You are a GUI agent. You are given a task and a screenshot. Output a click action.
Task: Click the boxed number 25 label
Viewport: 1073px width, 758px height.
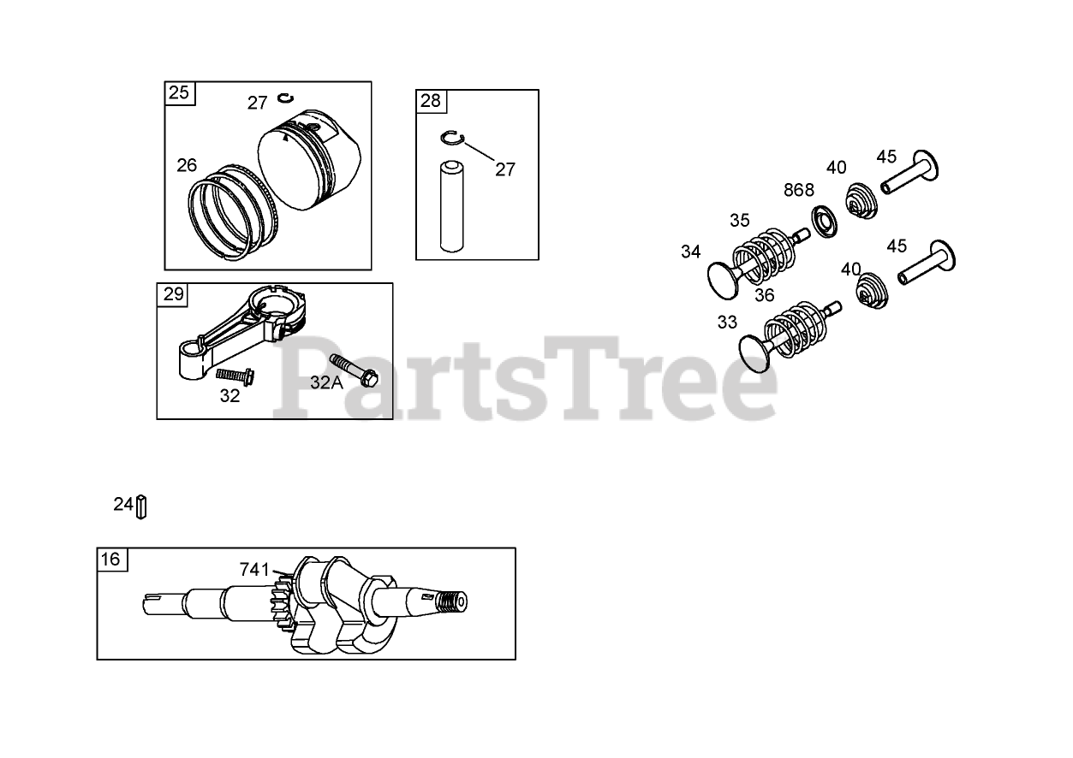pyautogui.click(x=179, y=92)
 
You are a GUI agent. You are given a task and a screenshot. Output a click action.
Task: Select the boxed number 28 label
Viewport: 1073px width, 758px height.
pyautogui.click(x=430, y=100)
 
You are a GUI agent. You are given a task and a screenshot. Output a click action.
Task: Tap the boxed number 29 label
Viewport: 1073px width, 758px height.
pyautogui.click(x=173, y=293)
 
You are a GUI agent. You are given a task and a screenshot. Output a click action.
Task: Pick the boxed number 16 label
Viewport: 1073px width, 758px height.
pyautogui.click(x=110, y=559)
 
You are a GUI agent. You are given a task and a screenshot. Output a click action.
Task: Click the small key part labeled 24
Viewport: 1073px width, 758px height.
pyautogui.click(x=141, y=506)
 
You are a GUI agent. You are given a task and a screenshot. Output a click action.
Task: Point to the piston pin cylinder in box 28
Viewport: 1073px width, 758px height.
pyautogui.click(x=451, y=207)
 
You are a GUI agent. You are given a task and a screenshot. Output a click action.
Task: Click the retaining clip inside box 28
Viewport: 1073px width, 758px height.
pyautogui.click(x=452, y=139)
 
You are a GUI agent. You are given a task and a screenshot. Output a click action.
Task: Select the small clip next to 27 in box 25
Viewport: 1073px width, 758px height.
pyautogui.click(x=286, y=98)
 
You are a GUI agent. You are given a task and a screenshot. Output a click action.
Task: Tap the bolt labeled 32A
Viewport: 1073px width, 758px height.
pyautogui.click(x=354, y=370)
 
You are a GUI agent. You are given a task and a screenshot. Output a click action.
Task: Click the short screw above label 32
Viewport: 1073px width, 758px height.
pyautogui.click(x=235, y=376)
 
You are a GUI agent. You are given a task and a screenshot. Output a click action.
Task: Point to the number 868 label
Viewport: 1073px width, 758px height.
pyautogui.click(x=798, y=191)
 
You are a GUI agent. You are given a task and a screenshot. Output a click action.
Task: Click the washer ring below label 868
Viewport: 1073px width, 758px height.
pyautogui.click(x=825, y=221)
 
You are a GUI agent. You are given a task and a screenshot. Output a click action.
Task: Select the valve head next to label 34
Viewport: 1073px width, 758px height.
pyautogui.click(x=724, y=281)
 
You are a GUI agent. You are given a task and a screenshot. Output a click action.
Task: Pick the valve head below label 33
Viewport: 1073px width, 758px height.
pyautogui.click(x=755, y=353)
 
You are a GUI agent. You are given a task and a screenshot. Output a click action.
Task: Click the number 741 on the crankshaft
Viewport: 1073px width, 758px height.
pyautogui.click(x=254, y=570)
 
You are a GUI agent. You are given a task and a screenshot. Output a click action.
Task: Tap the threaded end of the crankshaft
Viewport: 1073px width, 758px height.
pyautogui.click(x=453, y=601)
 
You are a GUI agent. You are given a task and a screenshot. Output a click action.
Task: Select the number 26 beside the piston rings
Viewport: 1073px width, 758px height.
pyautogui.click(x=187, y=166)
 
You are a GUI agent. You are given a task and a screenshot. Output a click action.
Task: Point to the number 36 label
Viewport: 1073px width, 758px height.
pyautogui.click(x=765, y=296)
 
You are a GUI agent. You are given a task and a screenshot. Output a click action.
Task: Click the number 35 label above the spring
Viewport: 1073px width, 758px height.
pyautogui.click(x=740, y=221)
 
